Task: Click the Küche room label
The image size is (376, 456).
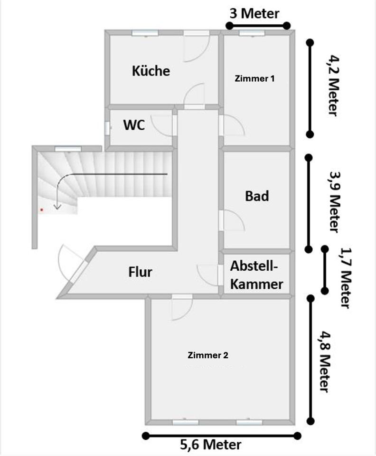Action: coord(150,71)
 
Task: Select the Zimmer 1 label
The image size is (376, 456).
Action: coord(254,79)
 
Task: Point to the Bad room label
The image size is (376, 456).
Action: coord(257,196)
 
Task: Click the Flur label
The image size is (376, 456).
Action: coord(141,272)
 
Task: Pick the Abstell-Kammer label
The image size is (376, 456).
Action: coord(256,275)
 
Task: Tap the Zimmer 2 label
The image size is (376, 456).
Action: coord(208,355)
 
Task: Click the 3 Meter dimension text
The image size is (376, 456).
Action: coord(254,14)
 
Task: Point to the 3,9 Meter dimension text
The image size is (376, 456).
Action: coord(334,201)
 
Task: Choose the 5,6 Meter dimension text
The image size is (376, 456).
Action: coord(210,445)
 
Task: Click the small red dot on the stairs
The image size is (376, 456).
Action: coord(42,209)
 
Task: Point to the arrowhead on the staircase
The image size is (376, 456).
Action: coord(57,206)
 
